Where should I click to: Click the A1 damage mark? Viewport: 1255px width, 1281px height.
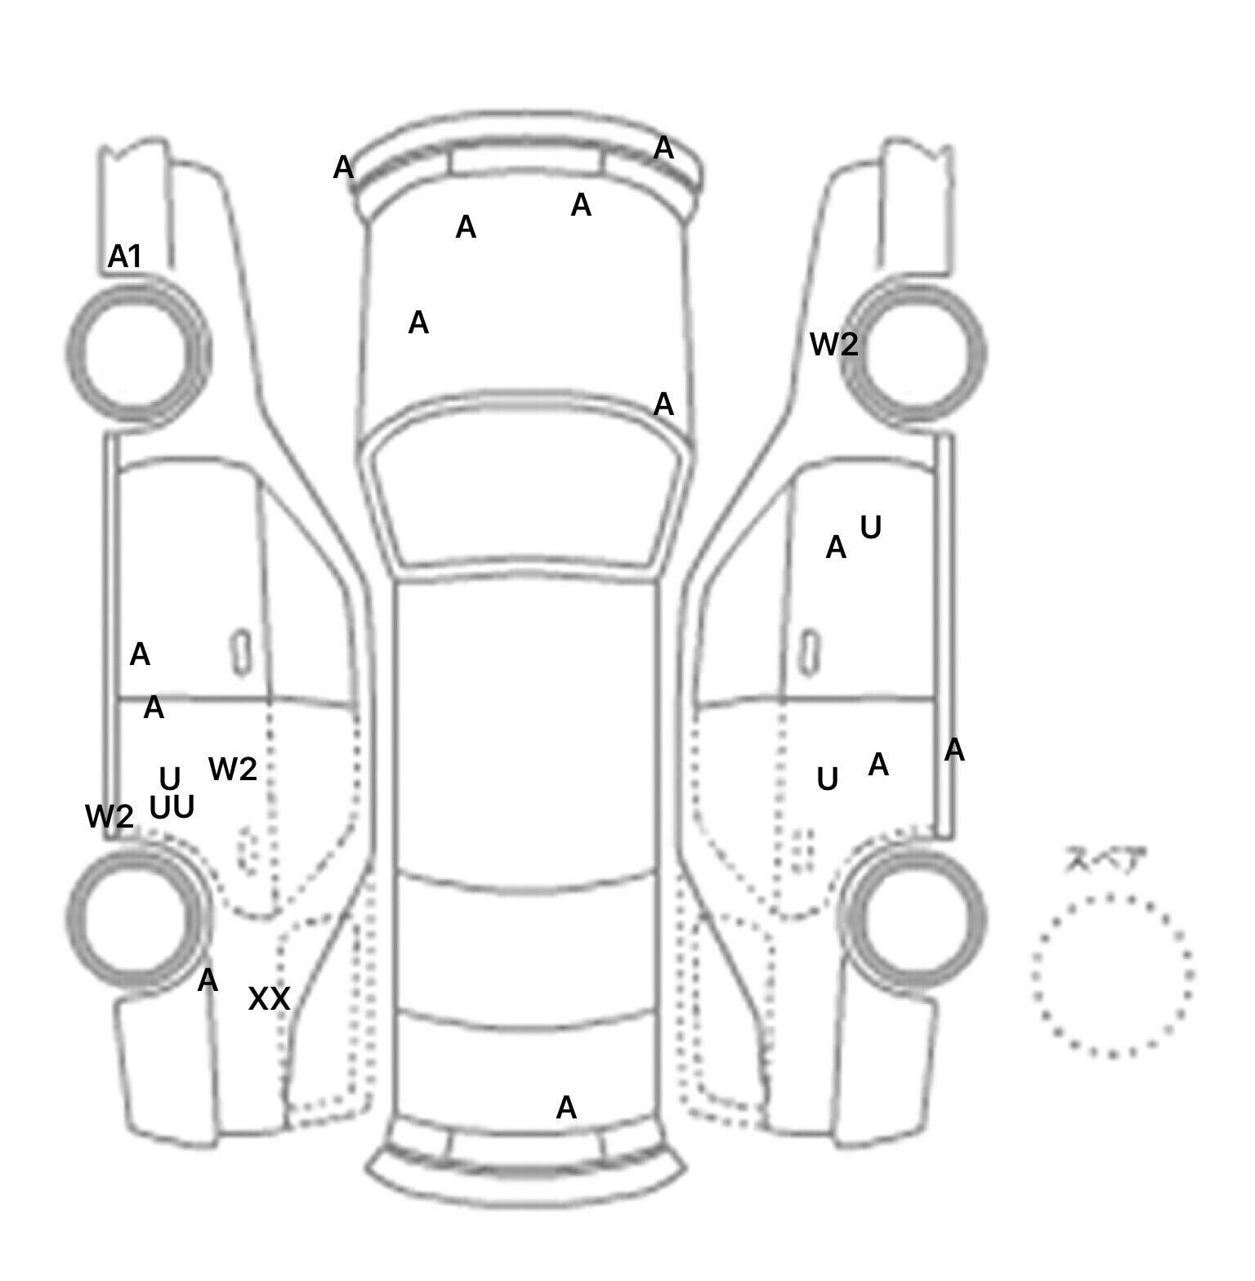125,257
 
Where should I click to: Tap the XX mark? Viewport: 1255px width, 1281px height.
269,998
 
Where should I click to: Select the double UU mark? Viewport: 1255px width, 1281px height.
172,807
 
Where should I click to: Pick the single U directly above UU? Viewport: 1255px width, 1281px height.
169,778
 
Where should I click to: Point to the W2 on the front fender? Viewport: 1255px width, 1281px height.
834,345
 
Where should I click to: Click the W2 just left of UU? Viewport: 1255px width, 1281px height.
109,816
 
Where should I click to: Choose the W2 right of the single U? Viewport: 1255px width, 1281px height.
233,769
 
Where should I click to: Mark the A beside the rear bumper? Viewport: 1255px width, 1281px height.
566,1108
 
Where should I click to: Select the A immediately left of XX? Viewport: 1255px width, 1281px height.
208,980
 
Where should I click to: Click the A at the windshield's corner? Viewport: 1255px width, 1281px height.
663,404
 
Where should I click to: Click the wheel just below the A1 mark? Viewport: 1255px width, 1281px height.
137,351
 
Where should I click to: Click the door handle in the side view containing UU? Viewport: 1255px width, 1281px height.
242,653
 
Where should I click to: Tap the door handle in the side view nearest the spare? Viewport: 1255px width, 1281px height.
809,653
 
